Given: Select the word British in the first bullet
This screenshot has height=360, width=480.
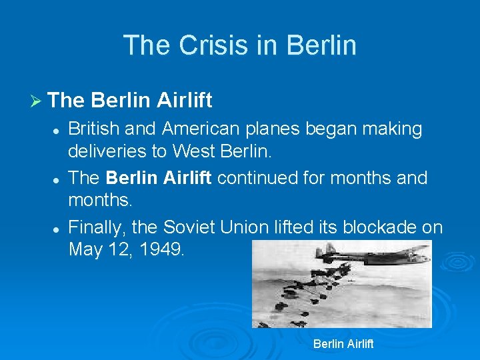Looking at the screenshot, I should point(90,129).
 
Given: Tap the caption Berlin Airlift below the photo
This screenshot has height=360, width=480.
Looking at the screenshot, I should point(343,344).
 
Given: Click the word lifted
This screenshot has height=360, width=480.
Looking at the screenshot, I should point(296,227).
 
